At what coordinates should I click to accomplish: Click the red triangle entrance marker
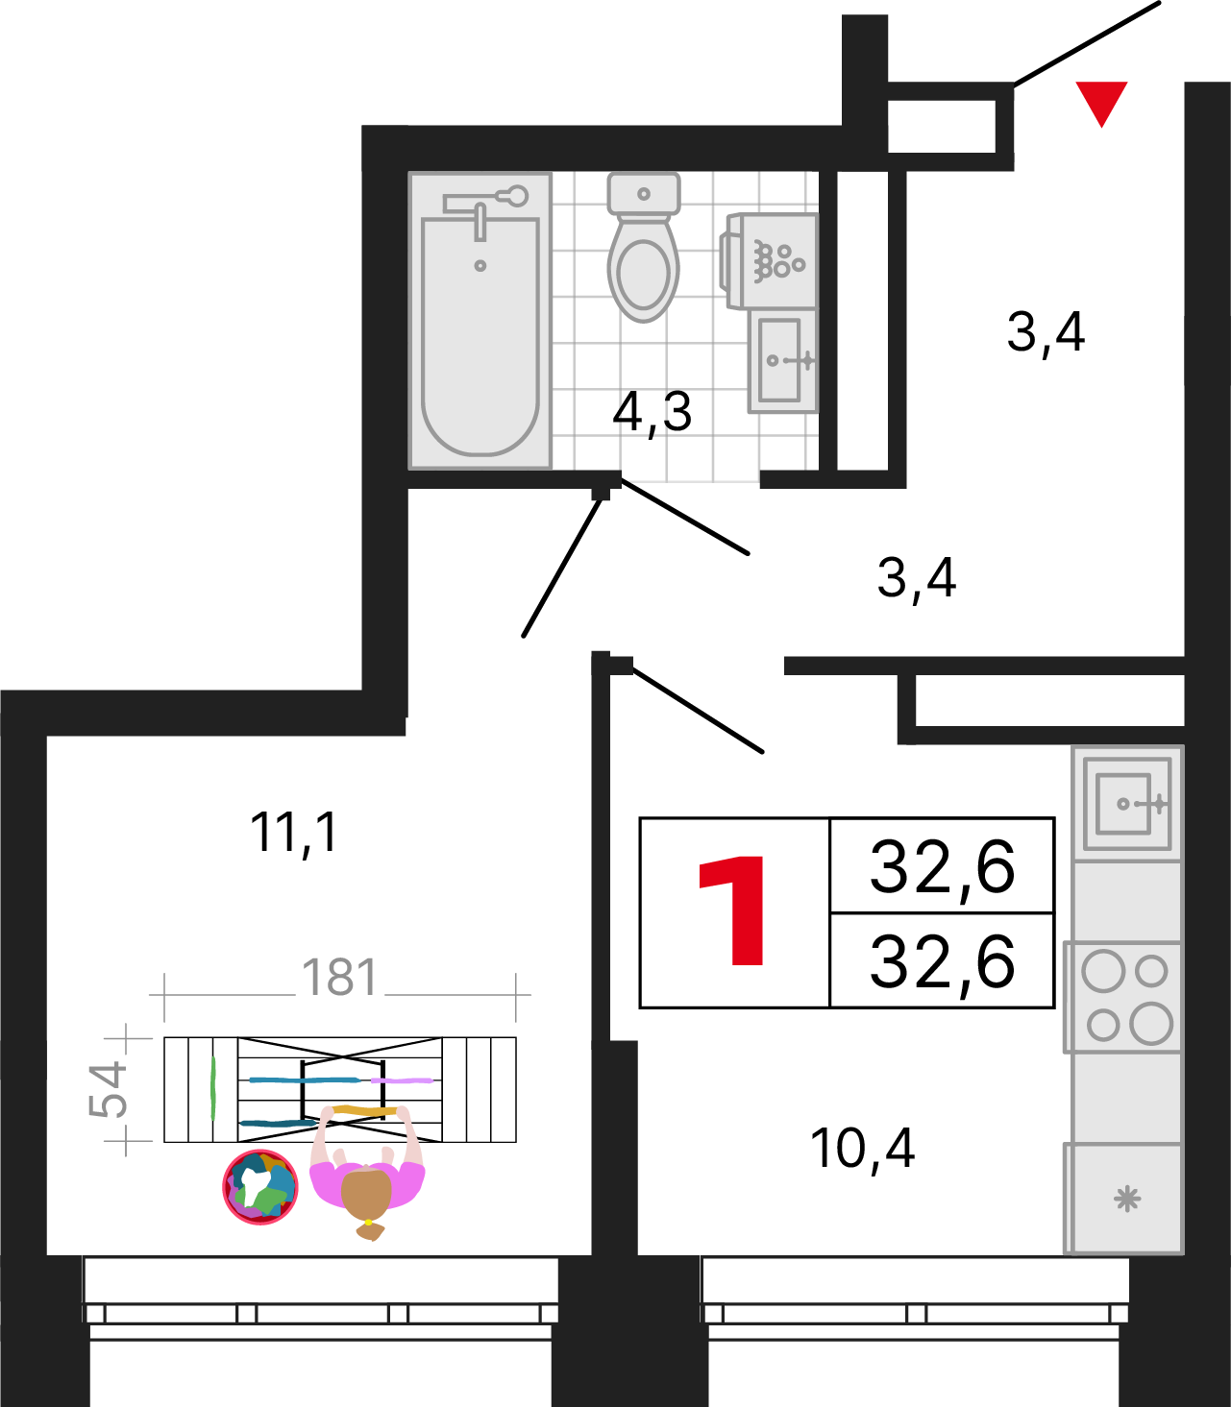[x=1101, y=100]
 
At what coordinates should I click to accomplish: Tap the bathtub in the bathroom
[x=480, y=321]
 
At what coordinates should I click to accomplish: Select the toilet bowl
[x=644, y=247]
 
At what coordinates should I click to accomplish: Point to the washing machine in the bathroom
[x=770, y=260]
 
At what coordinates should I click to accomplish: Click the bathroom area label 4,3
[x=652, y=413]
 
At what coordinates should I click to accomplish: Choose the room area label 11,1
[x=294, y=833]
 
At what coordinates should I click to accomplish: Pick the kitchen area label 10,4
[x=863, y=1149]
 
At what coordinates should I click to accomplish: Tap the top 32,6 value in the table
[x=942, y=869]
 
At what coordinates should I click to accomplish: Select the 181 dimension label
[x=340, y=977]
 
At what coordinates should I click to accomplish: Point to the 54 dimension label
[x=109, y=1089]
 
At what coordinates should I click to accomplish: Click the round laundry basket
[x=260, y=1188]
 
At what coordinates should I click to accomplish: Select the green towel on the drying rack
[x=213, y=1088]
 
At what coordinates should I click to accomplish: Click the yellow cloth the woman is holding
[x=365, y=1110]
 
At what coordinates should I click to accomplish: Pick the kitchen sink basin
[x=1123, y=804]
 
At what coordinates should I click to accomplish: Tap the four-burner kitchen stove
[x=1123, y=997]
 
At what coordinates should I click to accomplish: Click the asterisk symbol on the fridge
[x=1127, y=1200]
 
